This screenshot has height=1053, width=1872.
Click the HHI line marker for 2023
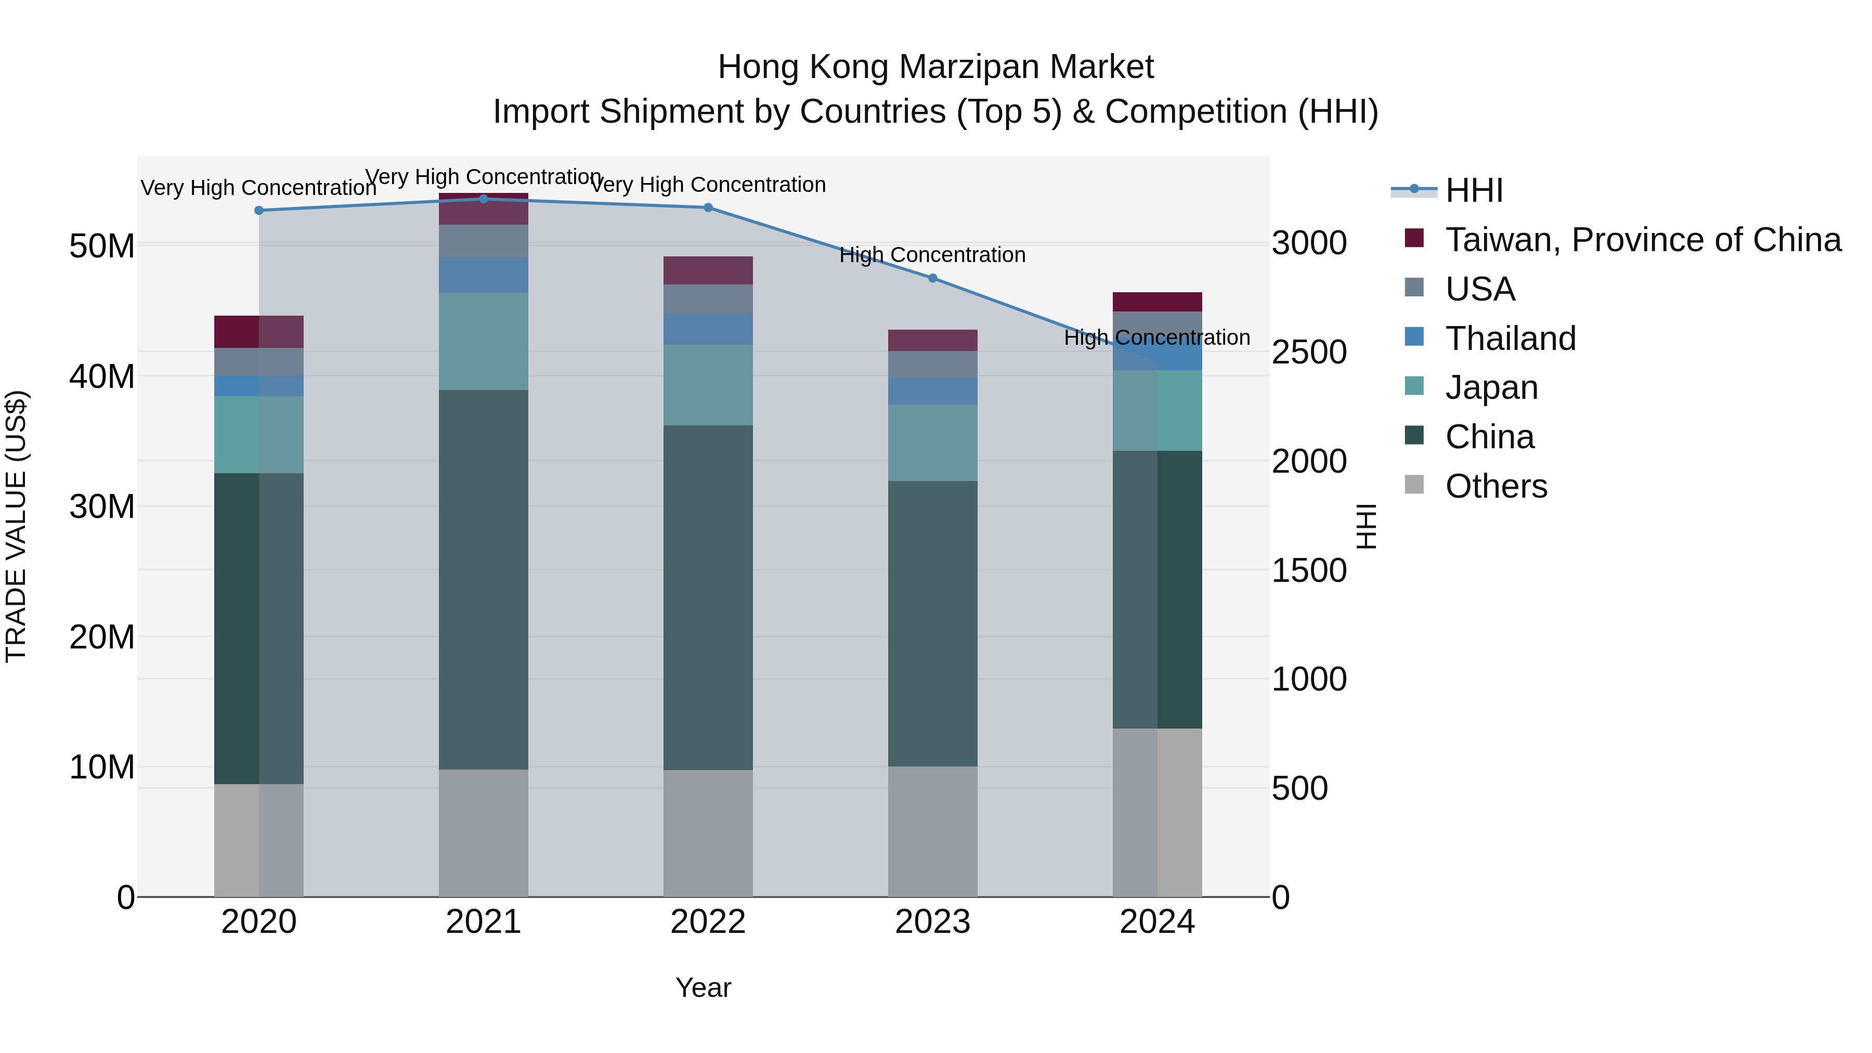[x=932, y=278]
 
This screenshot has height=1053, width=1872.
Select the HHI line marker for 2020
[x=259, y=210]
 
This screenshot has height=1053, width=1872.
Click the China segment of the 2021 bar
[x=483, y=579]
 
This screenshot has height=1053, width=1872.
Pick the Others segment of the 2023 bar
[x=932, y=831]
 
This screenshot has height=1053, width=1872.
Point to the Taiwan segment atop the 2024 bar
[x=1157, y=302]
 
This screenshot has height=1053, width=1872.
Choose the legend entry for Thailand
[x=1510, y=339]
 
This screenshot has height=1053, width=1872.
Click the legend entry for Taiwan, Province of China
[x=1642, y=240]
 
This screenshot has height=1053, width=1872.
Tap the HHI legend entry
[x=1474, y=190]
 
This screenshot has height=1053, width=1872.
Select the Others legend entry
[x=1496, y=486]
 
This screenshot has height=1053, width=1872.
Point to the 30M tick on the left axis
[x=102, y=506]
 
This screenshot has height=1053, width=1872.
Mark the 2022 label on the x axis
[x=708, y=922]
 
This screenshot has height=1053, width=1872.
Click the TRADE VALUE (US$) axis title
[x=16, y=526]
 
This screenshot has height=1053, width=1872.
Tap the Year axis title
[x=703, y=987]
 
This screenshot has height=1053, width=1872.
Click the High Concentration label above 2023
[x=932, y=255]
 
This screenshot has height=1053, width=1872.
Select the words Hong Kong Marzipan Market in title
[x=935, y=67]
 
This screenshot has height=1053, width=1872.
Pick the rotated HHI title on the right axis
[x=1366, y=526]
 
